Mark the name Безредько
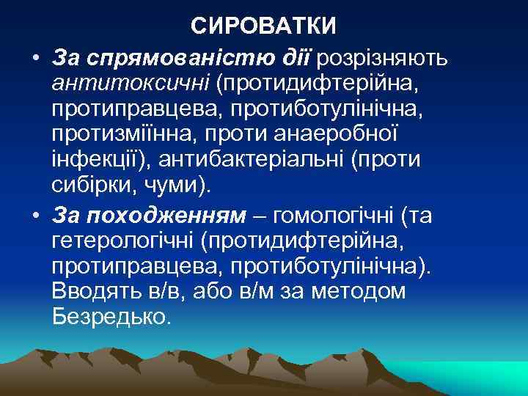(x=110, y=318)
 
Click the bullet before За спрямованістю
(x=35, y=57)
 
